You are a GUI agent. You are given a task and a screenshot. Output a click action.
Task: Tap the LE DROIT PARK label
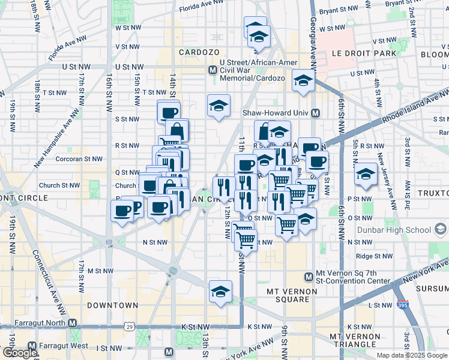pos(364,53)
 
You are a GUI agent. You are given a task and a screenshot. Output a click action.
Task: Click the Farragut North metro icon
pos(73,323)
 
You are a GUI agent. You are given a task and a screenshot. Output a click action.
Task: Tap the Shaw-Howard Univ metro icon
pos(315,113)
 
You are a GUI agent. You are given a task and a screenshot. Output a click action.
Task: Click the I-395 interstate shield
pos(403,305)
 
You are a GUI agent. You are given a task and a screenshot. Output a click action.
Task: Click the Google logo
pos(19,353)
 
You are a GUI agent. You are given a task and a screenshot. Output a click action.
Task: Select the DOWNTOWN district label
pos(112,305)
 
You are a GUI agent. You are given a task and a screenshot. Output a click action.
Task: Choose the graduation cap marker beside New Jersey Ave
pos(366,174)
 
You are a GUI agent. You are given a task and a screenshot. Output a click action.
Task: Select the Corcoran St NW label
pos(79,159)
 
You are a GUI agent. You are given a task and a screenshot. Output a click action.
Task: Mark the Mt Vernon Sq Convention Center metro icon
pos(309,276)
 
